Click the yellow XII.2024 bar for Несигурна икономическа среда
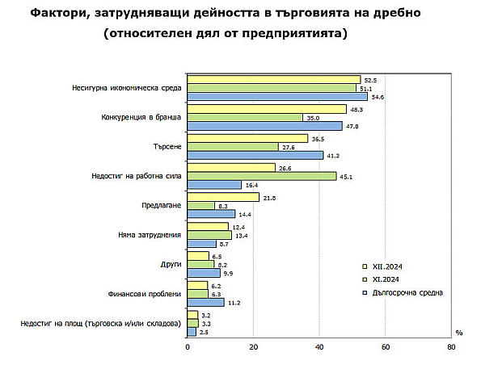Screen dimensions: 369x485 tap(273, 79)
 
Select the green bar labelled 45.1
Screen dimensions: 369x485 tap(261, 175)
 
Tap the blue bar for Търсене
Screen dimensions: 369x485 tap(255, 155)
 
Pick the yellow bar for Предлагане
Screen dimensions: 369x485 tap(223, 196)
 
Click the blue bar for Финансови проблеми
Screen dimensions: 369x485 tap(205, 302)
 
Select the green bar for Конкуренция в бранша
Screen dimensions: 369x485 tap(245, 117)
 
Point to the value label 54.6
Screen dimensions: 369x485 tap(377, 97)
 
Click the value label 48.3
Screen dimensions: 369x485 tap(356, 108)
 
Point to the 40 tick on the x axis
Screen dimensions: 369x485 tap(319, 348)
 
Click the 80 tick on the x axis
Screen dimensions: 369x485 tap(450, 348)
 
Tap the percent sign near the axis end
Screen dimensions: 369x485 tap(458, 332)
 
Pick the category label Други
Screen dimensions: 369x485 tap(171, 264)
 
